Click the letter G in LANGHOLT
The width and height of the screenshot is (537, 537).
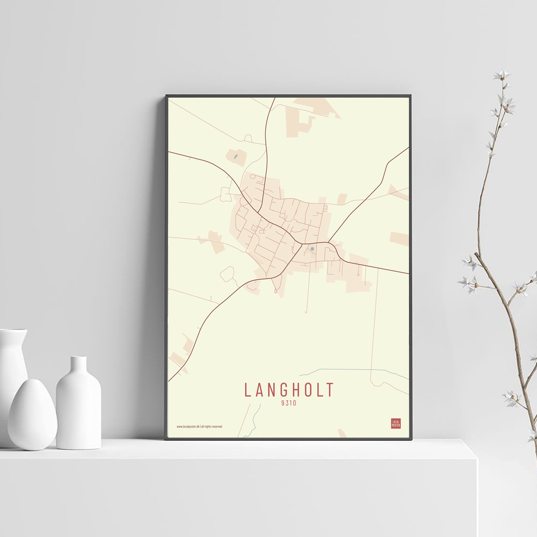coord(288,390)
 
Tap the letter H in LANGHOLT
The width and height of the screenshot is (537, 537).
coord(301,390)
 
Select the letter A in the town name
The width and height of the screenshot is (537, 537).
coord(261,390)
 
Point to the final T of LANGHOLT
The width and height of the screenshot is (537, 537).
coord(329,390)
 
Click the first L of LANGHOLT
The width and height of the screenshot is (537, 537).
coord(248,390)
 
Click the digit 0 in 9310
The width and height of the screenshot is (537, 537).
coord(294,403)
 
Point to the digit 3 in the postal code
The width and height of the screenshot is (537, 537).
coord(287,403)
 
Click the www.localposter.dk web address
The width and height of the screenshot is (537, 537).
coord(188,426)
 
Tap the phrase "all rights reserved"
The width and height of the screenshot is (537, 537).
coord(212,426)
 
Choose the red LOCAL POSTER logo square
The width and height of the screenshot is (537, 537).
coord(396,423)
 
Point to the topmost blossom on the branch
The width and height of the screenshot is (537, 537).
coord(502,75)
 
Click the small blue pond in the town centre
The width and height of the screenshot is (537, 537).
coord(312,249)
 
